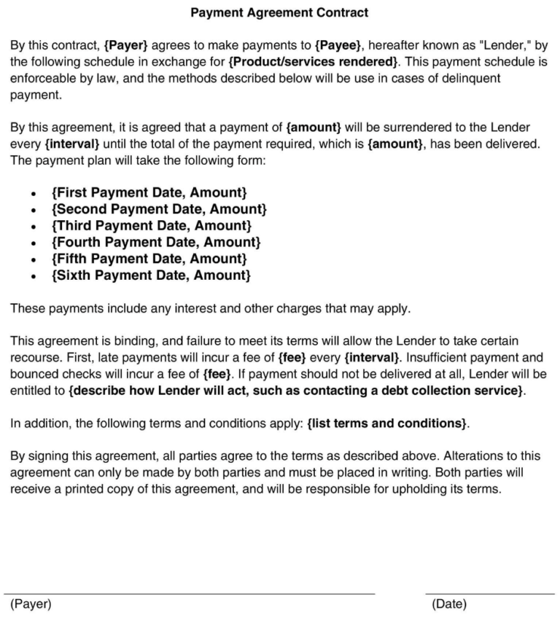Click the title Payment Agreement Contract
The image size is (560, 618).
pyautogui.click(x=279, y=12)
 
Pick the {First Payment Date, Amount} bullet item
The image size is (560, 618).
pyautogui.click(x=149, y=192)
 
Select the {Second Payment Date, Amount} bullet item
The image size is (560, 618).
pyautogui.click(x=159, y=209)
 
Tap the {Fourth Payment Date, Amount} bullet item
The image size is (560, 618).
pyautogui.click(x=156, y=242)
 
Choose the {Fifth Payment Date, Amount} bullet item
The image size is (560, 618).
pyautogui.click(x=149, y=259)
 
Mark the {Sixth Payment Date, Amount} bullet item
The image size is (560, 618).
pyautogui.click(x=151, y=275)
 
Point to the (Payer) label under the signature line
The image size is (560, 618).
pyautogui.click(x=31, y=604)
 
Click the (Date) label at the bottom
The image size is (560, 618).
pyautogui.click(x=449, y=604)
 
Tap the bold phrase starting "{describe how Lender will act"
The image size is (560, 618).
pyautogui.click(x=296, y=391)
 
